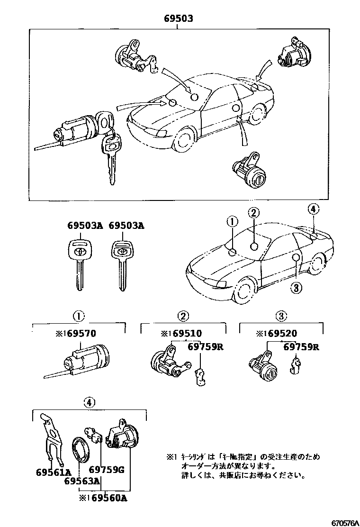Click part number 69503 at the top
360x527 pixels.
click(x=178, y=19)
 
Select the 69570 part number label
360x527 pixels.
click(x=80, y=334)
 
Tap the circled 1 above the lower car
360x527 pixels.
click(x=232, y=221)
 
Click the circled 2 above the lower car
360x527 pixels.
click(x=254, y=214)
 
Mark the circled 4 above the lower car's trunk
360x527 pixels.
click(x=313, y=209)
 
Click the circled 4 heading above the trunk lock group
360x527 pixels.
click(x=89, y=402)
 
